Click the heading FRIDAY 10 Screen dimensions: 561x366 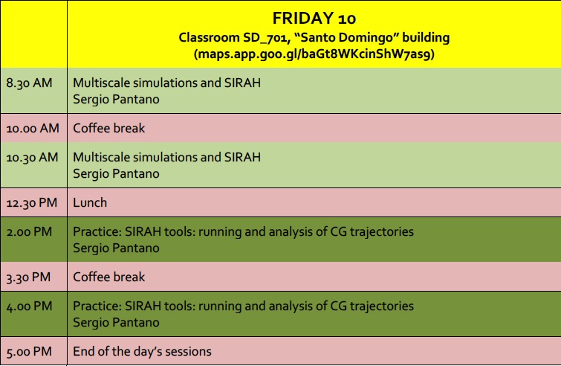(314, 19)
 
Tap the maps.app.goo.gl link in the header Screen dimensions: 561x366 (314, 54)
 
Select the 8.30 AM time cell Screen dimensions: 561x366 (34, 91)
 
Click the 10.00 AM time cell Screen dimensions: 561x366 (34, 128)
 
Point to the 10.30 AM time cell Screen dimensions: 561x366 (34, 164)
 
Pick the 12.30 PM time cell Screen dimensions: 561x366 (34, 202)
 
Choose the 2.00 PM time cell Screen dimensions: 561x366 (34, 240)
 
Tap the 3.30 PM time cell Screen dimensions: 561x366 (34, 277)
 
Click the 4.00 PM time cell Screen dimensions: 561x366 (34, 314)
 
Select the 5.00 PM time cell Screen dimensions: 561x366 (34, 351)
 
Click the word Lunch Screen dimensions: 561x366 (90, 202)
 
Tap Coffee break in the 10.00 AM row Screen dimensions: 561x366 (109, 128)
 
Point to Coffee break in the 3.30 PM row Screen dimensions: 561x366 (109, 277)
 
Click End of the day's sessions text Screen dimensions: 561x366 (143, 351)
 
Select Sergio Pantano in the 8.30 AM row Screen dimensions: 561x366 (116, 99)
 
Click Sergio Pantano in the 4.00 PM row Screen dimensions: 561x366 (116, 322)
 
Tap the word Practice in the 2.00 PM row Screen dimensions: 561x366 (97, 231)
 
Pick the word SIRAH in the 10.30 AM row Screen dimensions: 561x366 (242, 157)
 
